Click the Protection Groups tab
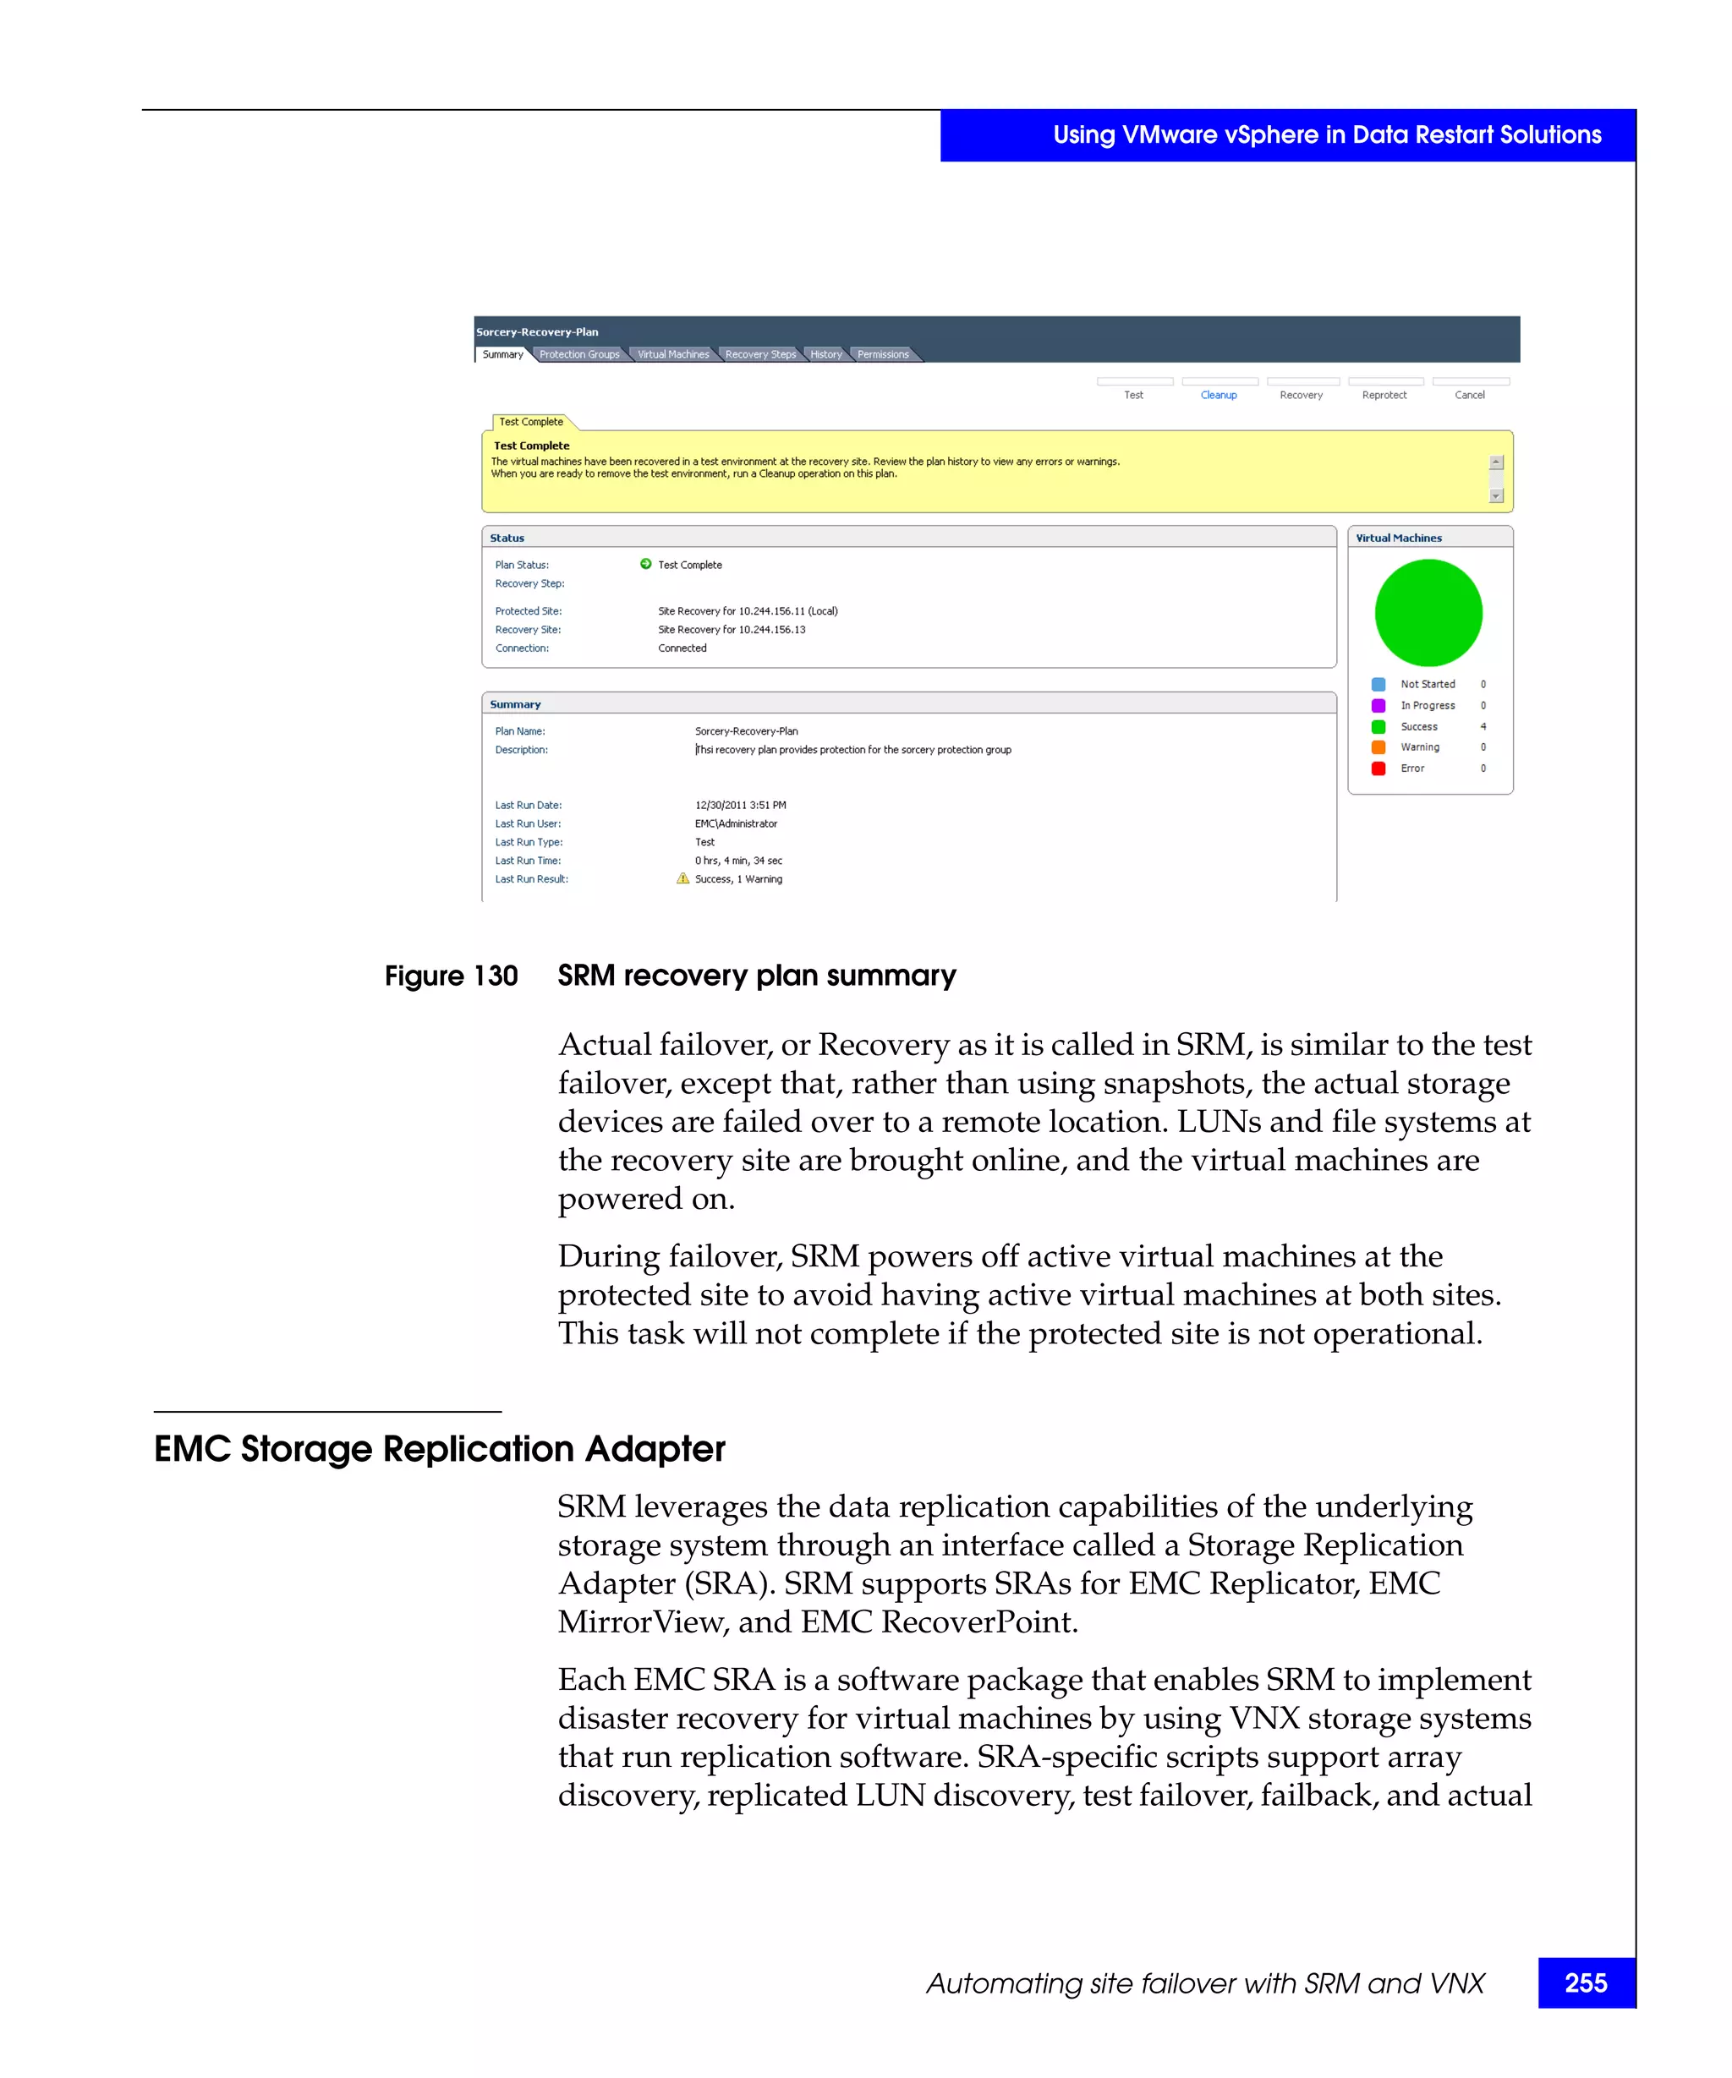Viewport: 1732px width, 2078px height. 579,354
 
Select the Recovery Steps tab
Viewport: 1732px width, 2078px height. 759,354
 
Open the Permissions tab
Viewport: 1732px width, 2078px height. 882,354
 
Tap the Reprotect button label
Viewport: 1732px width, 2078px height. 1384,395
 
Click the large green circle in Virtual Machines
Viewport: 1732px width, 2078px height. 1428,613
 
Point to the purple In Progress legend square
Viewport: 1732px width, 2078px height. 1378,706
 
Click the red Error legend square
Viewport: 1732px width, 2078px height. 1378,768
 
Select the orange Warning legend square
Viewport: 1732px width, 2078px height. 1378,747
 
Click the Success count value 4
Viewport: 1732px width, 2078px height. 1483,726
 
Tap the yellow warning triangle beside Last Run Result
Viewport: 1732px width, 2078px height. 682,878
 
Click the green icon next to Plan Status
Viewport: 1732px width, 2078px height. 645,564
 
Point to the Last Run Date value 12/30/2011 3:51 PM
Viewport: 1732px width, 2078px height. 740,806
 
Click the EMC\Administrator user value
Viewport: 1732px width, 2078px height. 736,823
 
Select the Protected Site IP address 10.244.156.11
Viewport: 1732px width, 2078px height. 771,611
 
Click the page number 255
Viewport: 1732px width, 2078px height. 1586,1983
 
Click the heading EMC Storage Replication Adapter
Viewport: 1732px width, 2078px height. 440,1449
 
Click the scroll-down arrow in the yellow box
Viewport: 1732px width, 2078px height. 1496,495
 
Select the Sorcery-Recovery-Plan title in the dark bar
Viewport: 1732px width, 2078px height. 536,332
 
